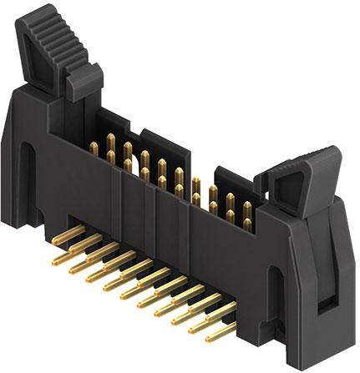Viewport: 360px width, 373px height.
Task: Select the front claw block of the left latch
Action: coord(84,81)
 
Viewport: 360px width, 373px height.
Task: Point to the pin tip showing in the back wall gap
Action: coord(195,184)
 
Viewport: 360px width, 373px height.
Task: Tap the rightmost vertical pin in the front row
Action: coord(246,224)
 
